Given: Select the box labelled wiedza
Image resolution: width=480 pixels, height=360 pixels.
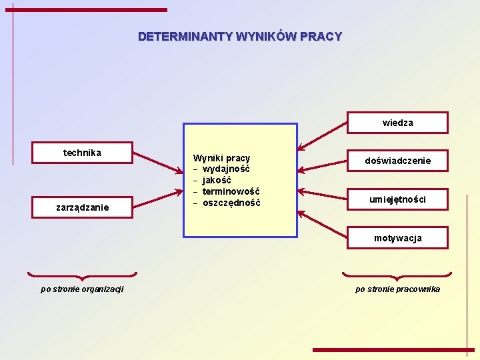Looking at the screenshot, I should [x=398, y=123].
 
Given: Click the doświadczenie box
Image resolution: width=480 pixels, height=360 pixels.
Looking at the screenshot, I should [x=398, y=161].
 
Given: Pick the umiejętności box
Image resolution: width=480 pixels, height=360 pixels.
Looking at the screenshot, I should [x=398, y=199].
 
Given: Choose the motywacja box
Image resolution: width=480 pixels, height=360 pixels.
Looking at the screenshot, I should [x=398, y=238].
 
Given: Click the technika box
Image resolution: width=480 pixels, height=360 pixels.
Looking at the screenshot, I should [x=83, y=153].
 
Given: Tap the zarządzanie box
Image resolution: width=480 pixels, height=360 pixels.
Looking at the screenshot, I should [x=83, y=207].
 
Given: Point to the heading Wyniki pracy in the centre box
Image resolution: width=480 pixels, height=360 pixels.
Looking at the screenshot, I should [x=221, y=158].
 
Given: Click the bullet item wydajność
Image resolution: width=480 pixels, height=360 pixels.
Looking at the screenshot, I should [x=226, y=169].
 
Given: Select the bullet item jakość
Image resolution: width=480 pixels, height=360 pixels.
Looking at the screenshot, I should [x=217, y=181].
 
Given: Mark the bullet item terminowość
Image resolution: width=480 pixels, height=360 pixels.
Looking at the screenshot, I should [x=231, y=192].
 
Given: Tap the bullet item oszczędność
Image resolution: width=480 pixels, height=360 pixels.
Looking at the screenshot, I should [x=231, y=203].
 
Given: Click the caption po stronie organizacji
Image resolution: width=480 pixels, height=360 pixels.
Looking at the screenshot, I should [x=82, y=289].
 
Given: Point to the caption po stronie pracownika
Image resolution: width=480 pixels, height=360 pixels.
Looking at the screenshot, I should [x=397, y=289].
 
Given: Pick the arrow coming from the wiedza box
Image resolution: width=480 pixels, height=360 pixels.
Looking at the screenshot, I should [x=322, y=135].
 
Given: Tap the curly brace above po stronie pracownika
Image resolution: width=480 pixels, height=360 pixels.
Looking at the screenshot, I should [x=397, y=275].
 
